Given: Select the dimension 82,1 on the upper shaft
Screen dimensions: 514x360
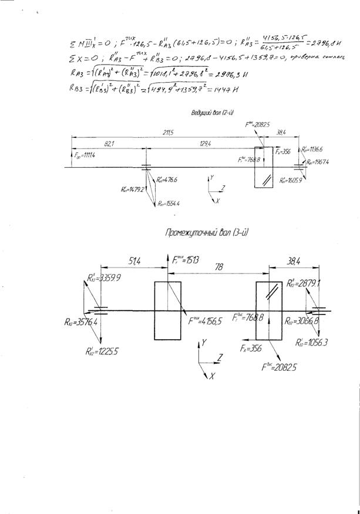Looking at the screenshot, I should (x=109, y=144).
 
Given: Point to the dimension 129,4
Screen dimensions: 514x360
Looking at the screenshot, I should (x=204, y=144).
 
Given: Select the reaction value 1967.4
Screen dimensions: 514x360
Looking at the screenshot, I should (x=318, y=162).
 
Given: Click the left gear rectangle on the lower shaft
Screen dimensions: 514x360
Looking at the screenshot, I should (x=168, y=310).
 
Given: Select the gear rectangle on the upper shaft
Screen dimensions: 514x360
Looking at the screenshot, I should (x=264, y=168).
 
